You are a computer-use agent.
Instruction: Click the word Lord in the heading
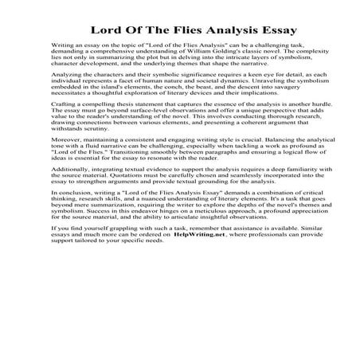(x=108, y=30)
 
